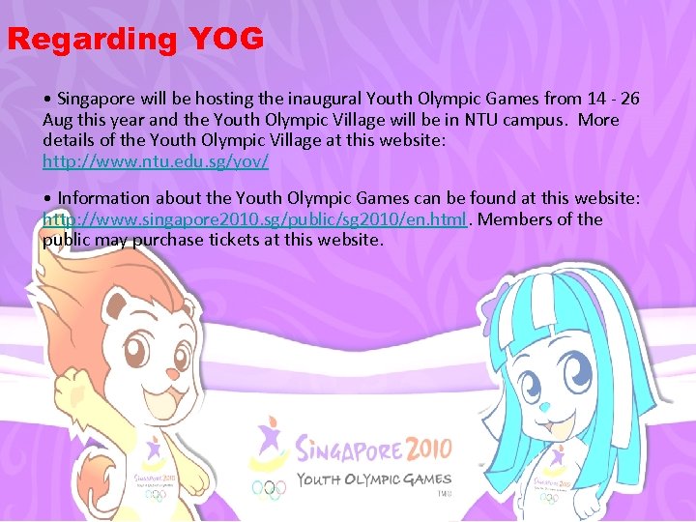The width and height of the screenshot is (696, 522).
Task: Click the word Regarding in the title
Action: (x=92, y=41)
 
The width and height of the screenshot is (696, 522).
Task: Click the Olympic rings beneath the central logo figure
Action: (x=270, y=489)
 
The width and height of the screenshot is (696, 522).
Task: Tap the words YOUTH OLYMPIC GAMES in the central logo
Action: (x=373, y=479)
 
